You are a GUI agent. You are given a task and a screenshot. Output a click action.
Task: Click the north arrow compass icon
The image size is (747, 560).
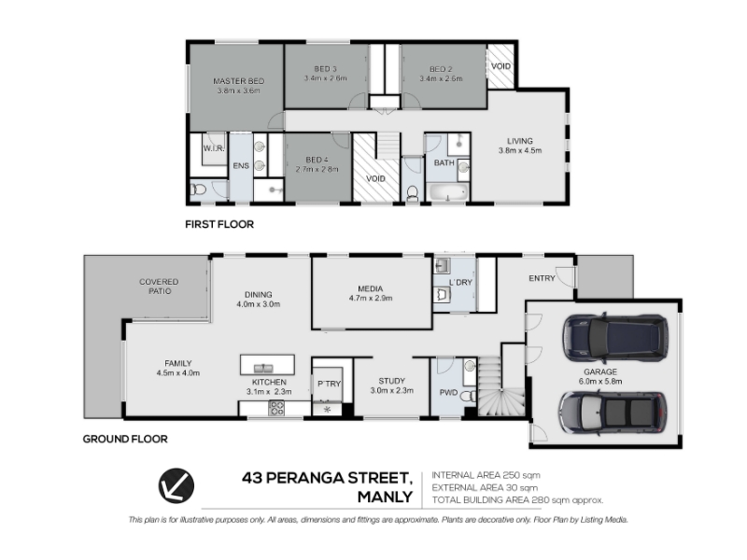click(x=176, y=485)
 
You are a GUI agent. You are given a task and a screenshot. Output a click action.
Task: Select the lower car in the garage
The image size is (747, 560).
click(x=613, y=413)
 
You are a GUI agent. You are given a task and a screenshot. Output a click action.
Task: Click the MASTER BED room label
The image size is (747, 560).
click(x=238, y=81)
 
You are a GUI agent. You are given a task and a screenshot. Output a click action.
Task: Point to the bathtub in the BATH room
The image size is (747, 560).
click(x=448, y=192)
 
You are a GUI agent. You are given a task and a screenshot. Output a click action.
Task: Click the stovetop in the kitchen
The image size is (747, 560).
click(x=276, y=408)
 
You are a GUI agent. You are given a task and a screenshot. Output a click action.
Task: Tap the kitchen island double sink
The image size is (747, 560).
click(x=263, y=368)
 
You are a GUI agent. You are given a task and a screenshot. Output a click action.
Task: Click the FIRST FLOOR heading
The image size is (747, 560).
click(x=219, y=224)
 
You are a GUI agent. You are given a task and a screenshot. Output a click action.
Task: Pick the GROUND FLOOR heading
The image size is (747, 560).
click(x=125, y=439)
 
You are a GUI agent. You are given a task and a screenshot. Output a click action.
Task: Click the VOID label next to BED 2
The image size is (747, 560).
click(x=500, y=66)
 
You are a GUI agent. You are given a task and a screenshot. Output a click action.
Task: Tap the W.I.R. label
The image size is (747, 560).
click(x=214, y=148)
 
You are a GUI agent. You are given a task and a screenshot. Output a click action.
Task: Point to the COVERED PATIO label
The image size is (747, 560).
click(x=159, y=287)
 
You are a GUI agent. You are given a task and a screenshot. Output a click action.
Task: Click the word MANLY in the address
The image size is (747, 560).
click(x=385, y=497)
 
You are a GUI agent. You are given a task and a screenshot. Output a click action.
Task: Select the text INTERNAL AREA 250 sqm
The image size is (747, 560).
click(x=486, y=475)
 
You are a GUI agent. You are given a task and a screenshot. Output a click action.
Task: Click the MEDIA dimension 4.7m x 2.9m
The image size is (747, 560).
click(x=370, y=299)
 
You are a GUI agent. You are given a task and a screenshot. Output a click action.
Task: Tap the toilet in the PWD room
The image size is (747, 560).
click(x=469, y=396)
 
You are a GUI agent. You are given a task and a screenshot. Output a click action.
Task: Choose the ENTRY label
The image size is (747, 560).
click(x=542, y=278)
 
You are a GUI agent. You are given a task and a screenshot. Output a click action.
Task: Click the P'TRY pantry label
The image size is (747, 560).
click(x=330, y=384)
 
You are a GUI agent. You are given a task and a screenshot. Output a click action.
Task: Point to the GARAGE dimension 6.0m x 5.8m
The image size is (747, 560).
click(x=600, y=382)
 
